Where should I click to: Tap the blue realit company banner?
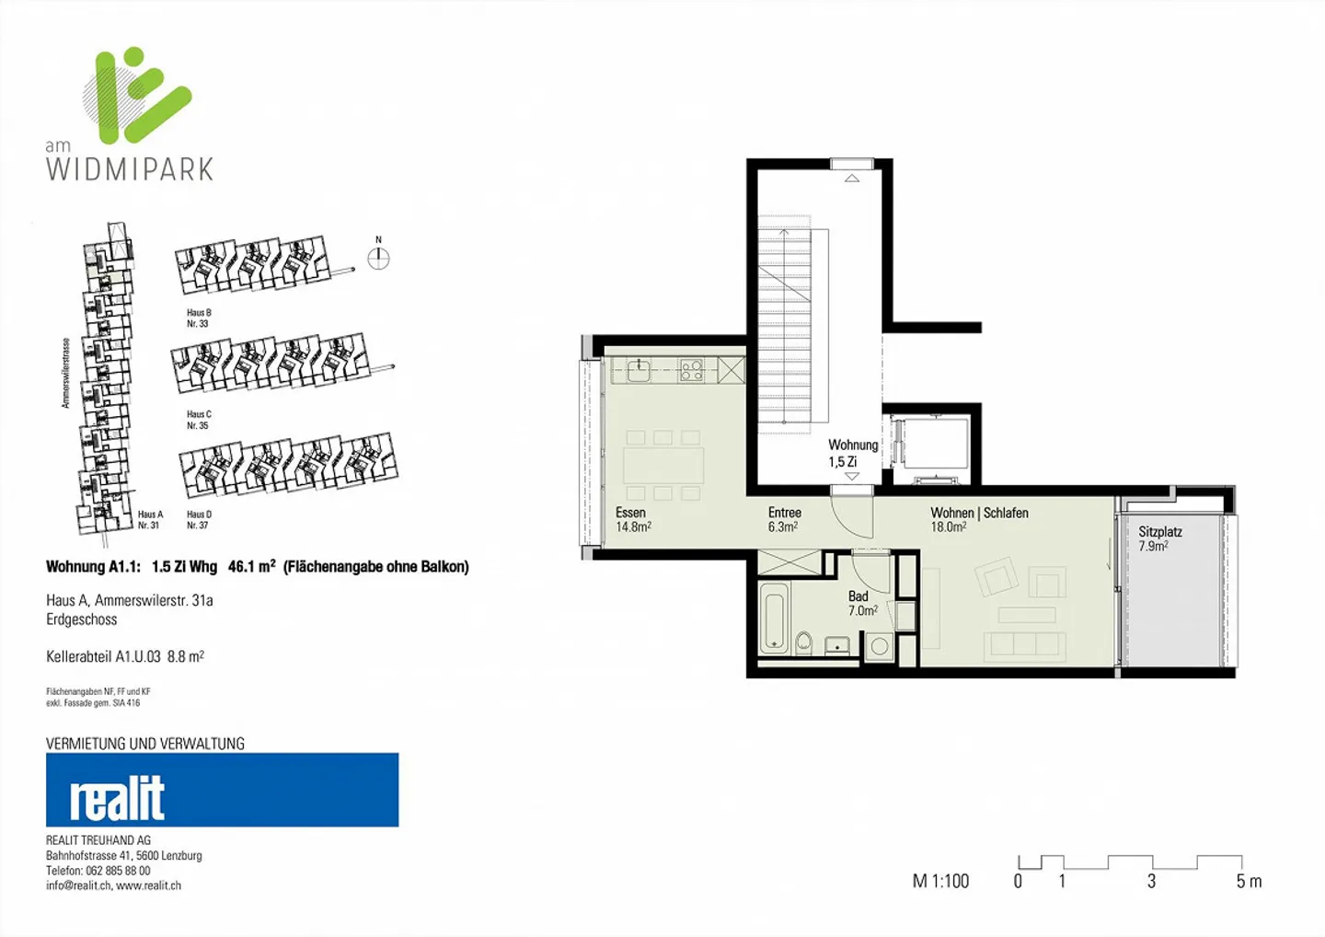coord(222,790)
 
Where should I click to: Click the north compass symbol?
coord(378,259)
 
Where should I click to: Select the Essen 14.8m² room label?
coord(633,520)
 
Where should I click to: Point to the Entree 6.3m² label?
coord(784,520)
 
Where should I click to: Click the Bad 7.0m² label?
coord(861,604)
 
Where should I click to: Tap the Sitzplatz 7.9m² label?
coord(1159,538)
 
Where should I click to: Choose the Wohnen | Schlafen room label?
coord(978,514)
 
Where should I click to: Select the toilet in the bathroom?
coord(803,642)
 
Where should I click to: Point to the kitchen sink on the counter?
coord(638,371)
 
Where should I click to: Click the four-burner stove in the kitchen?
coord(691,371)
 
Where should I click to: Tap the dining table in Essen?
coord(663,466)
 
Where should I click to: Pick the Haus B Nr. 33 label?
coord(199,318)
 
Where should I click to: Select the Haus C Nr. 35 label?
coord(199,420)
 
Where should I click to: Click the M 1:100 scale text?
coord(940,881)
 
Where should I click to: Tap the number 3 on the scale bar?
coord(1151,882)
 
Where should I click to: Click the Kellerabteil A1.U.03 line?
coord(125,656)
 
